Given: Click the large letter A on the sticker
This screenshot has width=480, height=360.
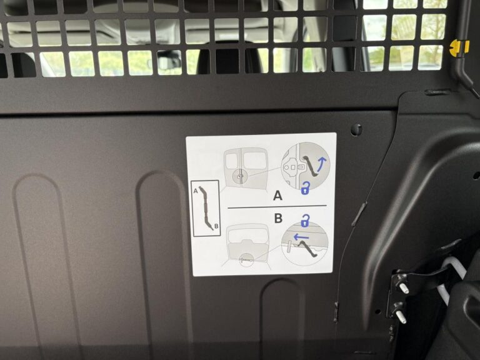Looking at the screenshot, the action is (x=277, y=195).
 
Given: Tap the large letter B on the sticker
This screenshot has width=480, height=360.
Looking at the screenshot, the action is (x=278, y=218).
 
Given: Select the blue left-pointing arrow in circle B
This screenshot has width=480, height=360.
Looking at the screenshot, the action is (x=301, y=237).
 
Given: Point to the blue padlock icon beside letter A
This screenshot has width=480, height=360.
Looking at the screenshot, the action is (x=305, y=188).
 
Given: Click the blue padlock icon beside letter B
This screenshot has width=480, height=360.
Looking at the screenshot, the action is (x=305, y=221).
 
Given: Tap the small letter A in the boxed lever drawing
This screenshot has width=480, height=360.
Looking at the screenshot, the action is (x=196, y=191).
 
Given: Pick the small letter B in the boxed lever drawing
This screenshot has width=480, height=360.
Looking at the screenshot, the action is (x=216, y=226).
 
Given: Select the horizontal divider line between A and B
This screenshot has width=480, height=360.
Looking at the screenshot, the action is (x=277, y=207).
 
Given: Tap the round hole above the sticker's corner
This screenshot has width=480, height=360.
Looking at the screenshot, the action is (x=356, y=129).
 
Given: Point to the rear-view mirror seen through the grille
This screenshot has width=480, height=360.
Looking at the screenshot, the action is (x=169, y=61).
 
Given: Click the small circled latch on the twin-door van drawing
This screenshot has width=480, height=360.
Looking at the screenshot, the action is (x=239, y=176).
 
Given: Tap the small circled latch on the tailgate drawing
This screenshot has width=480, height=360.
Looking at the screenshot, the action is (x=246, y=260).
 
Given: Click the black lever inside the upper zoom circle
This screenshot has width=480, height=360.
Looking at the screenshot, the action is (x=311, y=166).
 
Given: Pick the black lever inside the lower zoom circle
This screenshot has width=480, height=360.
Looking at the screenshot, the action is (x=307, y=249).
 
